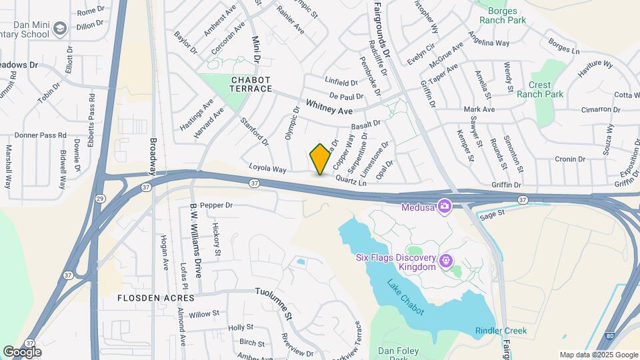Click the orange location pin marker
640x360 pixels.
[320, 159]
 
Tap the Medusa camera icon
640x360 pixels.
[445, 206]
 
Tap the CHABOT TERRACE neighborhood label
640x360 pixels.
[251, 84]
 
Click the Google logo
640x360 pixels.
[22, 351]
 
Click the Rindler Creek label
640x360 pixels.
[501, 331]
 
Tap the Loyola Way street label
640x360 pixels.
[267, 169]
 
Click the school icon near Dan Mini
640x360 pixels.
[61, 28]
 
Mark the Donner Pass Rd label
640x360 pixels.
[41, 135]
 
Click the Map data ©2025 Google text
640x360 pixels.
[598, 355]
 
